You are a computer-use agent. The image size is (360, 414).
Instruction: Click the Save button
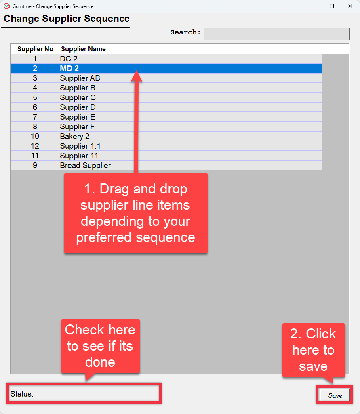(335, 395)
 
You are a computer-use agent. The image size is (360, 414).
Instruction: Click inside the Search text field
(277, 34)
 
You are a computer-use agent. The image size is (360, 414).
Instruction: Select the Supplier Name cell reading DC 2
(190, 59)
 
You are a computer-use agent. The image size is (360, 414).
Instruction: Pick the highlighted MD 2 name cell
(190, 68)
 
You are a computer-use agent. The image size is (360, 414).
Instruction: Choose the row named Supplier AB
(166, 78)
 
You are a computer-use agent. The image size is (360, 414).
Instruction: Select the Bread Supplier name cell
(190, 165)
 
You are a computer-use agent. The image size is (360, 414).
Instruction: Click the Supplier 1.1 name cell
(190, 146)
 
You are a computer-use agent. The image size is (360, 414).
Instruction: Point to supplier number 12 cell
(35, 146)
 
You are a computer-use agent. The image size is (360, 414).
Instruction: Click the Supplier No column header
(35, 49)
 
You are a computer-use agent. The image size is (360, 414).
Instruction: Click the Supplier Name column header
(83, 49)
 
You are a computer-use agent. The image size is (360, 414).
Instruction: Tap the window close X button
(350, 6)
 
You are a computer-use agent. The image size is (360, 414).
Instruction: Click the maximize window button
(332, 6)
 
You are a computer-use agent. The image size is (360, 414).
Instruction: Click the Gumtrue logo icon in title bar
(7, 6)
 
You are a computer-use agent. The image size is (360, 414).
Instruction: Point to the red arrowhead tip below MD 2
(136, 70)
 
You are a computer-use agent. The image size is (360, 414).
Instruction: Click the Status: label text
(22, 394)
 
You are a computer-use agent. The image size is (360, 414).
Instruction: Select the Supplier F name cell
(190, 126)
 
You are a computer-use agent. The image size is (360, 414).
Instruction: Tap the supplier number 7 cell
(35, 117)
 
